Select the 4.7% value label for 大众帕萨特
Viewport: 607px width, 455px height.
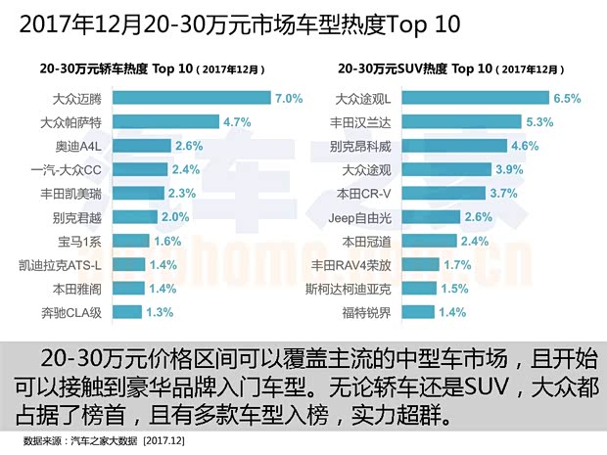[239, 122]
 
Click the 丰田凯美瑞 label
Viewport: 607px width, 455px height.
[80, 193]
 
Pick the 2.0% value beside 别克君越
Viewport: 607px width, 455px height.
[176, 217]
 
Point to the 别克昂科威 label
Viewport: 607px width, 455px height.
[362, 146]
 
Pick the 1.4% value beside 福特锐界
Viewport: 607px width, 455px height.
[453, 312]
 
